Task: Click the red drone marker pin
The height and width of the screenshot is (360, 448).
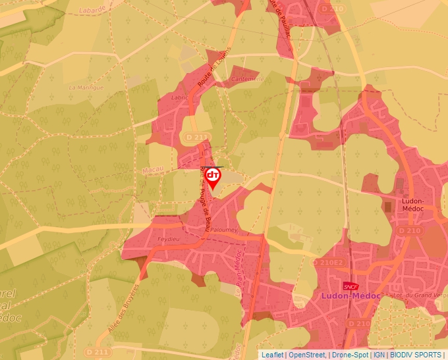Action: click(213, 176)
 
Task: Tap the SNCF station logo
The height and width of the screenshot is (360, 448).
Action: click(350, 286)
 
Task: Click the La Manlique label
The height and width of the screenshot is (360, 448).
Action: click(86, 87)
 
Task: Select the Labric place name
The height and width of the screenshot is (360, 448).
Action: click(179, 97)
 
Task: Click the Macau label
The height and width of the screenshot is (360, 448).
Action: click(152, 170)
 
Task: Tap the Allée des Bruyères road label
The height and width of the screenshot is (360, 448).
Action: click(123, 307)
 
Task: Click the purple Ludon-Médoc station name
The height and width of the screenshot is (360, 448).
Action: click(351, 296)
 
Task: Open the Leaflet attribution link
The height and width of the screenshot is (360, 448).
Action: click(272, 355)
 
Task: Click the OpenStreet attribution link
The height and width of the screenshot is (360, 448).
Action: click(307, 355)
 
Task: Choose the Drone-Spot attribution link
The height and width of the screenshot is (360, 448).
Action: click(349, 355)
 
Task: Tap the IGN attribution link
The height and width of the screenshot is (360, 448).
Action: click(379, 355)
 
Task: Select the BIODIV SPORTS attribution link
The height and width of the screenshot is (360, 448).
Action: click(416, 355)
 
